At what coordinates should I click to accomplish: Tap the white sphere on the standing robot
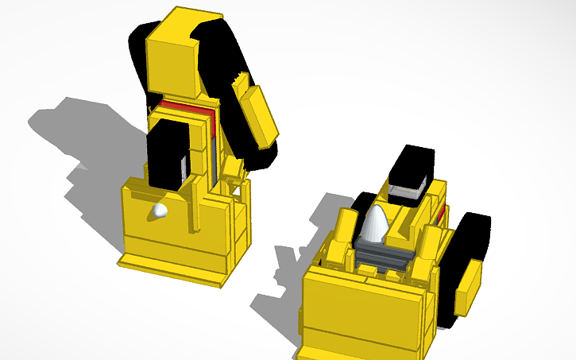coord(160,211)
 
